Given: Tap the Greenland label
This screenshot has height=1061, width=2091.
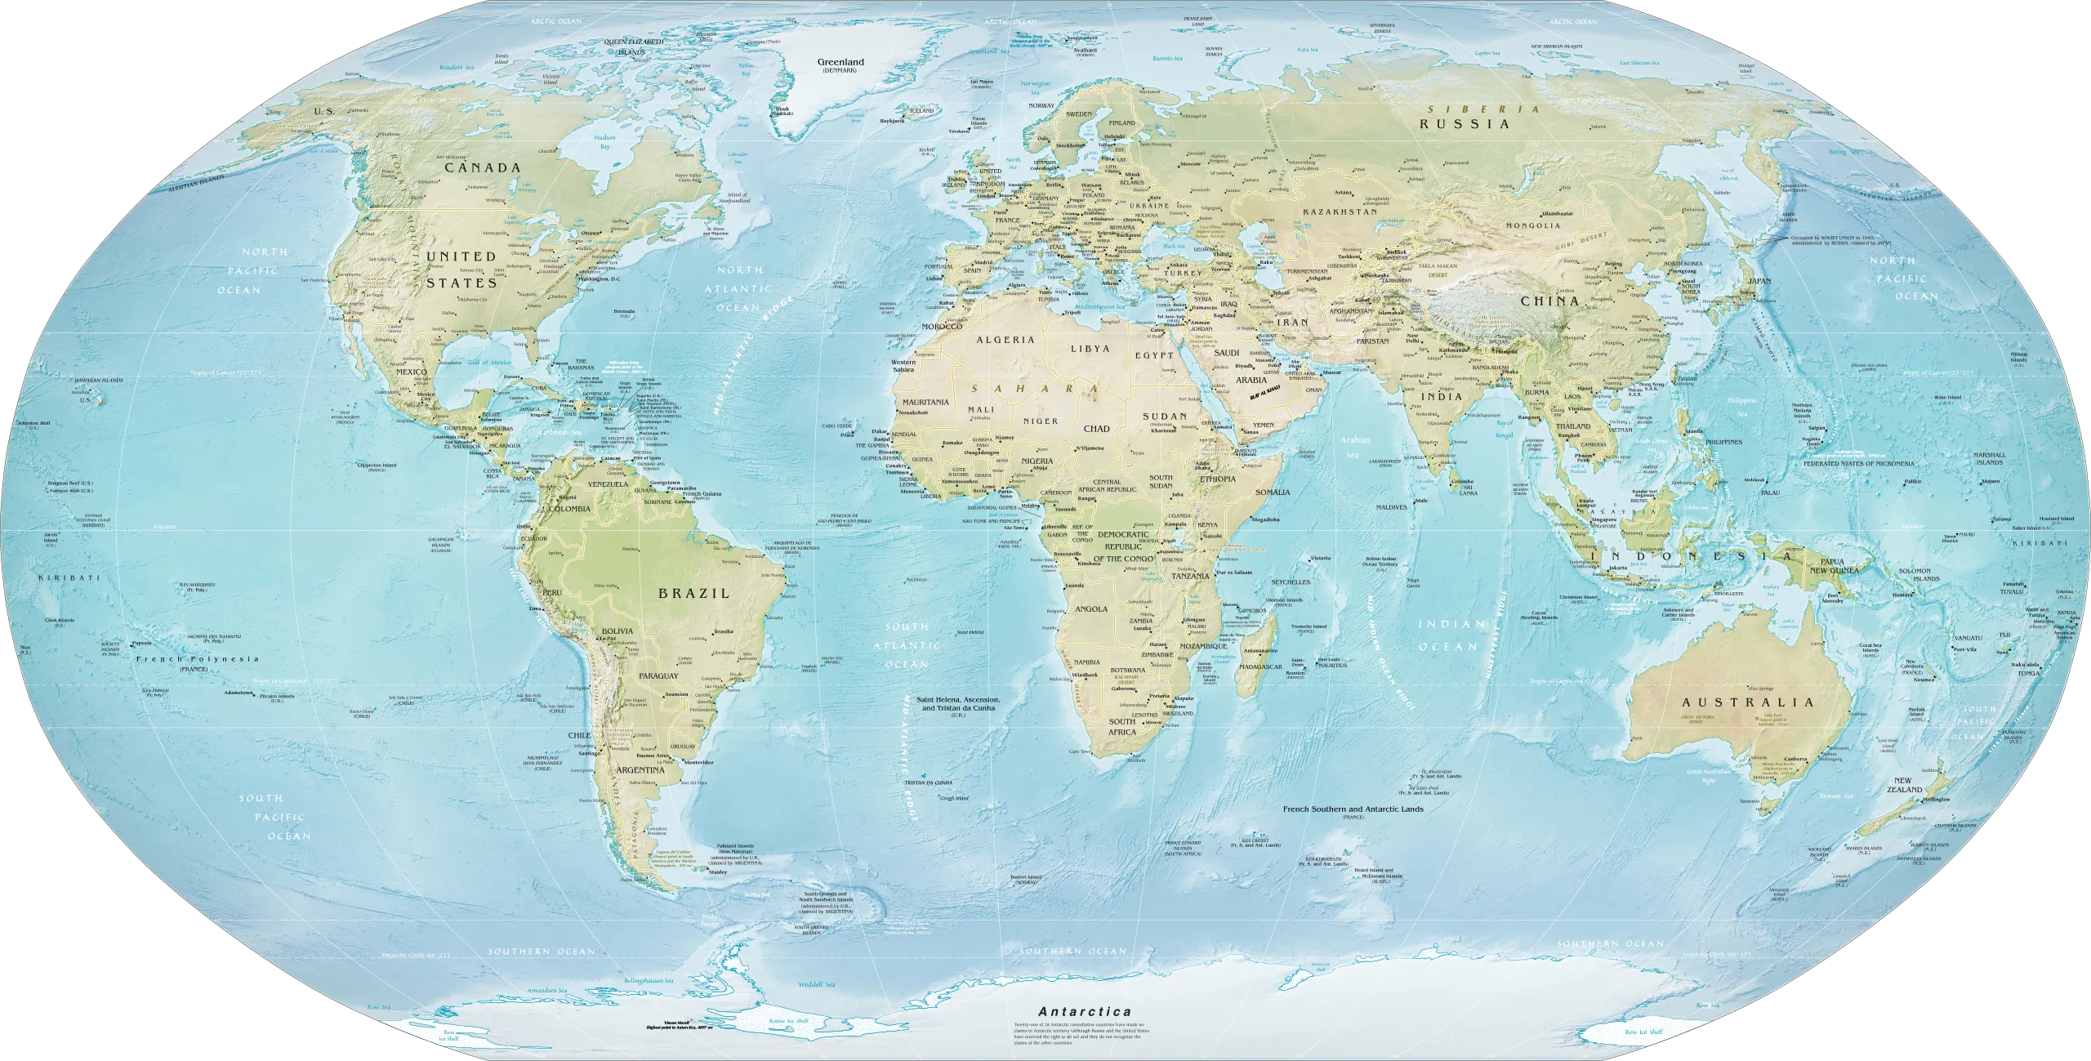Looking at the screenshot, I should coord(840,61).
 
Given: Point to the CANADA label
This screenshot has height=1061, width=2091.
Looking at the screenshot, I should coord(482,167).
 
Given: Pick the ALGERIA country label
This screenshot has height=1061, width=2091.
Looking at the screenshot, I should coord(1006,340).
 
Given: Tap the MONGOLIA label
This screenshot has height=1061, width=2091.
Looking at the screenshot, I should coord(1527,225).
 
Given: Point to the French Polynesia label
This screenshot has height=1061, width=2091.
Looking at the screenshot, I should coord(198,659).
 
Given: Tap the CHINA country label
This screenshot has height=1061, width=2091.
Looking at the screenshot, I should coord(1549,301).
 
